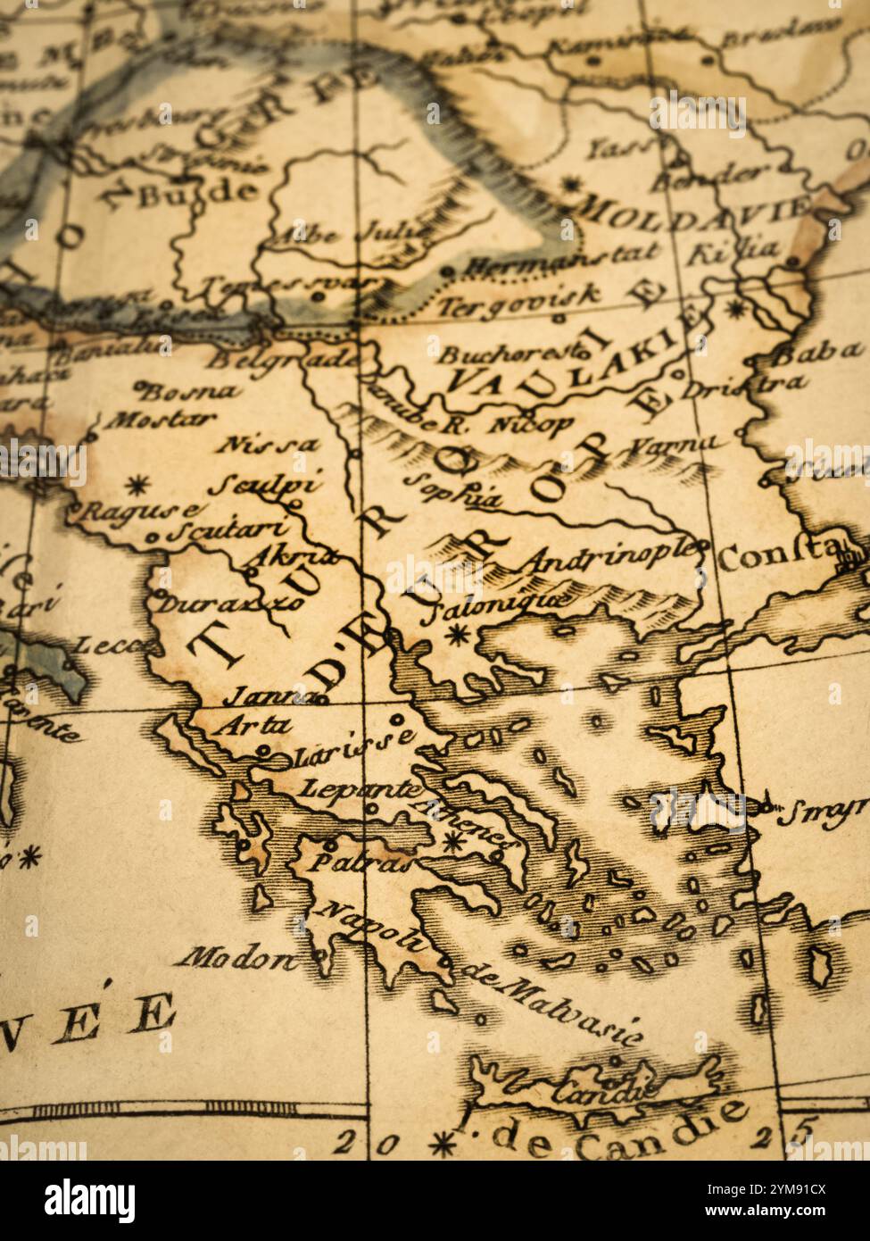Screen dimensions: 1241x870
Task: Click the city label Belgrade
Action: pyautogui.click(x=283, y=359)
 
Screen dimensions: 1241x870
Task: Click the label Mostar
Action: pyautogui.click(x=162, y=419)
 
